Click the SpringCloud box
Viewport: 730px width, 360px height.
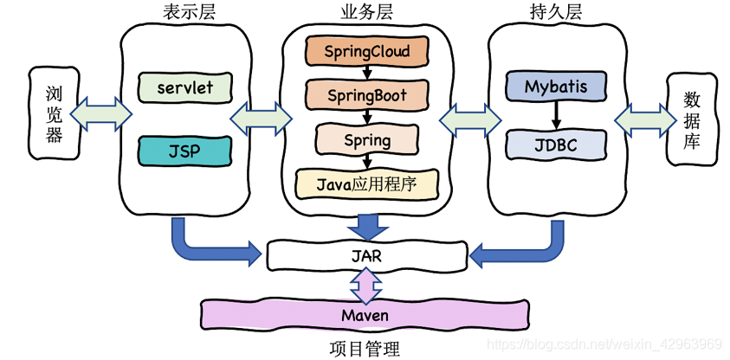tap(366, 50)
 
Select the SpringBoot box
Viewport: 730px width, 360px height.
tap(366, 95)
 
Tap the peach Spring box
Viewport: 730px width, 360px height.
tap(366, 139)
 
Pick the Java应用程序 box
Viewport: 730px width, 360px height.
tap(366, 184)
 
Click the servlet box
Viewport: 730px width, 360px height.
tap(184, 87)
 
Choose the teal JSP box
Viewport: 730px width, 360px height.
tap(184, 151)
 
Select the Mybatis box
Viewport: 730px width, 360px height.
tap(555, 87)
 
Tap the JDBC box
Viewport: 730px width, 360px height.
tap(555, 145)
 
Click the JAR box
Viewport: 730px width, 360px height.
tap(366, 255)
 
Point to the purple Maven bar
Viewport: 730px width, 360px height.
tap(365, 314)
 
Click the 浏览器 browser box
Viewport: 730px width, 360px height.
tap(54, 113)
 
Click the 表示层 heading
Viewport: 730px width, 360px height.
tap(190, 13)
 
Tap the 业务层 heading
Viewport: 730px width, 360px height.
tap(366, 13)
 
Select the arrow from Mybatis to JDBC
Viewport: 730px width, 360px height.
tap(555, 115)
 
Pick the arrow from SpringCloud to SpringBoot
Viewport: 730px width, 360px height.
tap(367, 73)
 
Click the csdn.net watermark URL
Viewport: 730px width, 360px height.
tap(604, 344)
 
